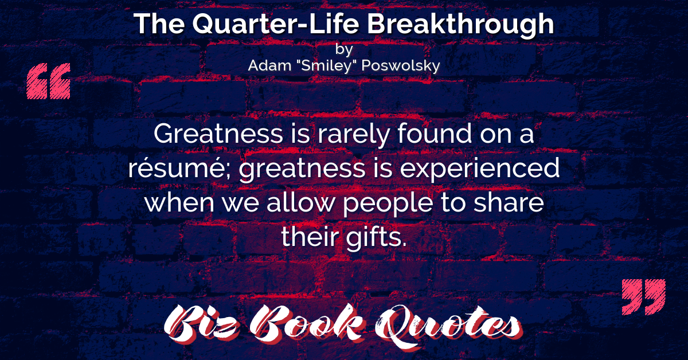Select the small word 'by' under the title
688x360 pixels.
[x=344, y=49]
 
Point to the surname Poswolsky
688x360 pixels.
[x=401, y=66]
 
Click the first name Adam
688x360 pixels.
[x=269, y=65]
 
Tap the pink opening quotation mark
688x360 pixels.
[x=49, y=81]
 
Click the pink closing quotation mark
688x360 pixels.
[x=643, y=297]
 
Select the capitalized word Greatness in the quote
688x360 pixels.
[x=218, y=134]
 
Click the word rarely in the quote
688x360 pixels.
[x=354, y=135]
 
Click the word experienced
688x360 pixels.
[x=480, y=169]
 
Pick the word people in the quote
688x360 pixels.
[x=388, y=204]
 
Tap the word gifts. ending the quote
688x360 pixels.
[x=376, y=238]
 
